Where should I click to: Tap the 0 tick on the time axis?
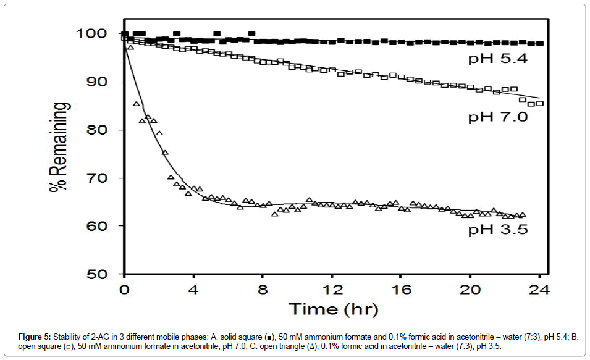click(124, 289)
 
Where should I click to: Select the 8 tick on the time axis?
click(263, 289)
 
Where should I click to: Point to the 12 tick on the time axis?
click(332, 289)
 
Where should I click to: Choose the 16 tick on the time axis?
click(401, 289)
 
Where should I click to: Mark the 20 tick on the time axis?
click(470, 289)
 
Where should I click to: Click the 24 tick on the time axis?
click(539, 289)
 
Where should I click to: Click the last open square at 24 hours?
click(540, 103)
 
